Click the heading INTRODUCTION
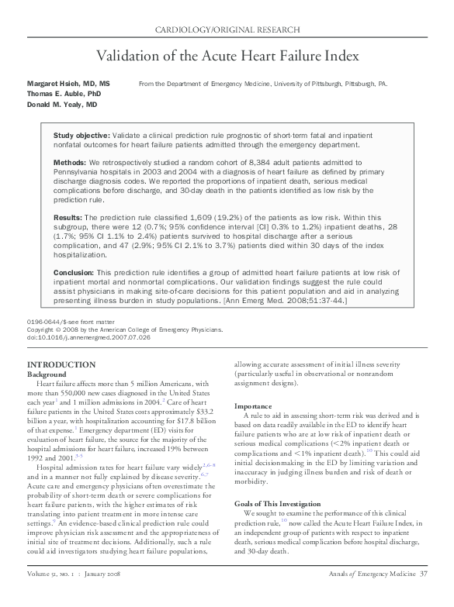pyautogui.click(x=61, y=365)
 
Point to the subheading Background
pyautogui.click(x=47, y=374)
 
